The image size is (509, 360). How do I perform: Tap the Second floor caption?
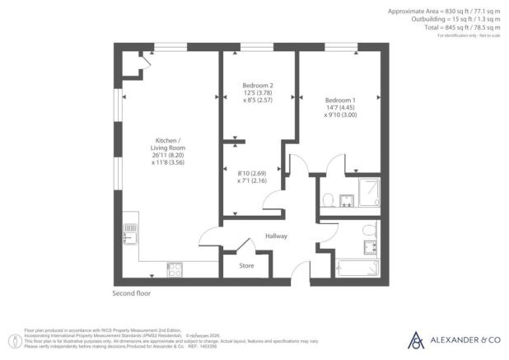pyautogui.click(x=132, y=293)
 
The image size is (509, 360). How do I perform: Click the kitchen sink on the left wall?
pyautogui.click(x=129, y=238)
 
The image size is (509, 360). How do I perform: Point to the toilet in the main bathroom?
pyautogui.click(x=369, y=228)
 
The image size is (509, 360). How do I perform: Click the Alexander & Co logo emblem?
pyautogui.click(x=416, y=339)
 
